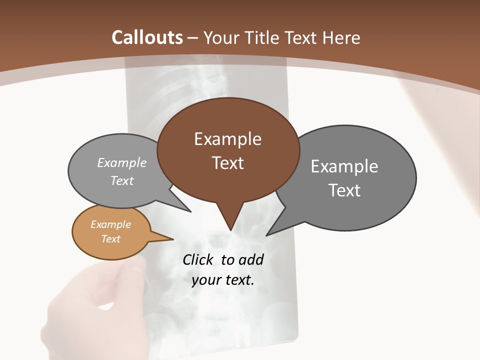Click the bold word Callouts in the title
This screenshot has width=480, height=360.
147,37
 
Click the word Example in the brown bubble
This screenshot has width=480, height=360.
227,139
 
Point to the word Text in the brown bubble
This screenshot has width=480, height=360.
227,162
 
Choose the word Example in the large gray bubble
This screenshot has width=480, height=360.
344,166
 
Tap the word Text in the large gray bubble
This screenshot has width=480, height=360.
344,190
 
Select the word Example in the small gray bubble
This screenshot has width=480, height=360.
121,162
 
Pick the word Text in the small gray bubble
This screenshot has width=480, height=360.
121,180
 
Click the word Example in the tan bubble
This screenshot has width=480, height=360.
110,224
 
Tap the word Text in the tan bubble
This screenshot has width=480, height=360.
110,239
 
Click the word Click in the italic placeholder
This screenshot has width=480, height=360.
199,259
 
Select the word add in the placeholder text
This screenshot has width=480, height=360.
251,259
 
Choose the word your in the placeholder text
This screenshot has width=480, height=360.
204,280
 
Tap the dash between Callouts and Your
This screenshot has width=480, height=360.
193,37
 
